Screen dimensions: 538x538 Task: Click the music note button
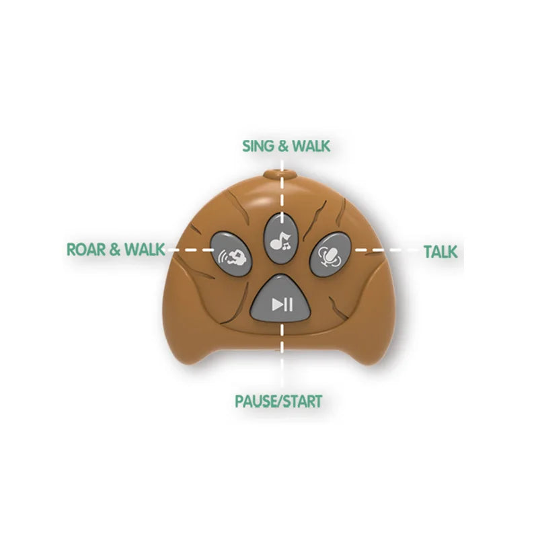point(281,239)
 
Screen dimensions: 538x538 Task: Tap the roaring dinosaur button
point(231,254)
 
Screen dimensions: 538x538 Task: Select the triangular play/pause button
point(281,299)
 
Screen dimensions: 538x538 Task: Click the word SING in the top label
point(258,146)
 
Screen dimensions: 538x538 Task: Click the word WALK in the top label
point(311,146)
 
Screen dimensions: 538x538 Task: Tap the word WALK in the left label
point(145,249)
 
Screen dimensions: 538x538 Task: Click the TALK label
point(440,252)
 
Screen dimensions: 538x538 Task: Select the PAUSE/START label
point(278,401)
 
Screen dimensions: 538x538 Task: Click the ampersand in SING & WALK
point(282,146)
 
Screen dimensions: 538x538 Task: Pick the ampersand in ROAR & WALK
point(115,249)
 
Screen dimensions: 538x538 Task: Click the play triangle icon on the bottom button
point(277,305)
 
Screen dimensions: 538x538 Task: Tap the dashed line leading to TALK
point(387,250)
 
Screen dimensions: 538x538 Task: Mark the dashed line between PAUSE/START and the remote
point(282,355)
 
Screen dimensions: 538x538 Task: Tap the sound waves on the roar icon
point(223,256)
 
